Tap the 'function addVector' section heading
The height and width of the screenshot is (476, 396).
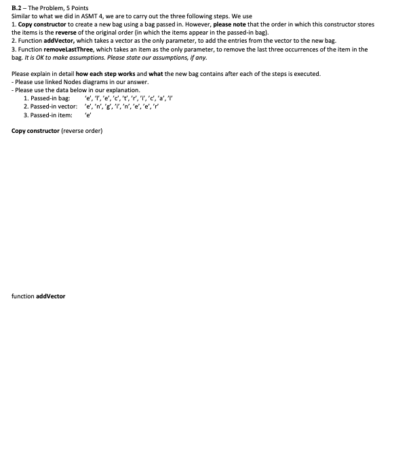(x=38, y=296)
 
